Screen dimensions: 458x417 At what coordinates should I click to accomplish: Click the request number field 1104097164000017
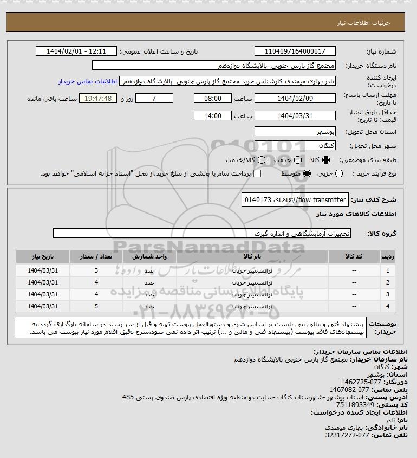tap(295, 51)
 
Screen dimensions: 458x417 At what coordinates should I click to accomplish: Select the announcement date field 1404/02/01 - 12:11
tap(76, 51)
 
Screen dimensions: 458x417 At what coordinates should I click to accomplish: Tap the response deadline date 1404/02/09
tap(295, 99)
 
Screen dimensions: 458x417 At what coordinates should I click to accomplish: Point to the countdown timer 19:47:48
tap(98, 99)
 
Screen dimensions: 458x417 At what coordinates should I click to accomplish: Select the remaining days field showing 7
tap(154, 99)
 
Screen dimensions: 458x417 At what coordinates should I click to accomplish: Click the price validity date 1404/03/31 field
tap(295, 115)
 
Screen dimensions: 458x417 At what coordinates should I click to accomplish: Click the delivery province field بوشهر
tap(295, 131)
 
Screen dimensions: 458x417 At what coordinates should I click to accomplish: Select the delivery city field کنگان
tap(295, 146)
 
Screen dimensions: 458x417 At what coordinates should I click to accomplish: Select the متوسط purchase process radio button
tap(307, 173)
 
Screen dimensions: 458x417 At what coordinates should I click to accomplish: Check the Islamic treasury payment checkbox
tap(257, 173)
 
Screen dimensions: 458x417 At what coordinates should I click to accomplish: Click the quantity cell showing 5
tap(96, 306)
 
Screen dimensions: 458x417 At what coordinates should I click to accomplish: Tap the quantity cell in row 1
tap(96, 270)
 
